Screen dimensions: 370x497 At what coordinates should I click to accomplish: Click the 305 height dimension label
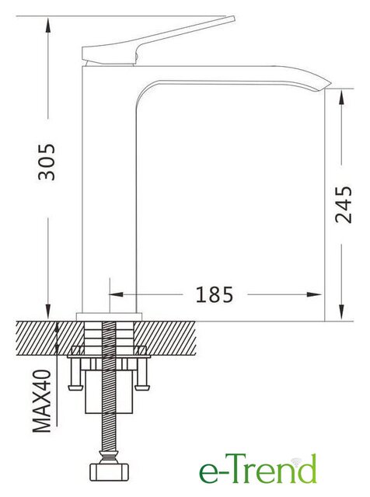[47, 162]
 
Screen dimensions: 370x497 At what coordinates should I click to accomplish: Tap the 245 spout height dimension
[344, 205]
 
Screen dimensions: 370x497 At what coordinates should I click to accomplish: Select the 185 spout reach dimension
[215, 295]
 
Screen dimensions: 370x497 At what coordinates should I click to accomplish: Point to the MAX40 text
[41, 401]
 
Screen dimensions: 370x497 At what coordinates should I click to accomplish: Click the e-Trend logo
[257, 468]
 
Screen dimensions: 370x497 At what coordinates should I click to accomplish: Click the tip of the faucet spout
[330, 85]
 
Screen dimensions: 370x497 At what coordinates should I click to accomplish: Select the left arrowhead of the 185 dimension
[116, 295]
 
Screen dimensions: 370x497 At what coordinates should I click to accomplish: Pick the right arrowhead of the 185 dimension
[315, 295]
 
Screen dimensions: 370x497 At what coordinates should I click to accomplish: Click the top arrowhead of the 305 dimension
[48, 25]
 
